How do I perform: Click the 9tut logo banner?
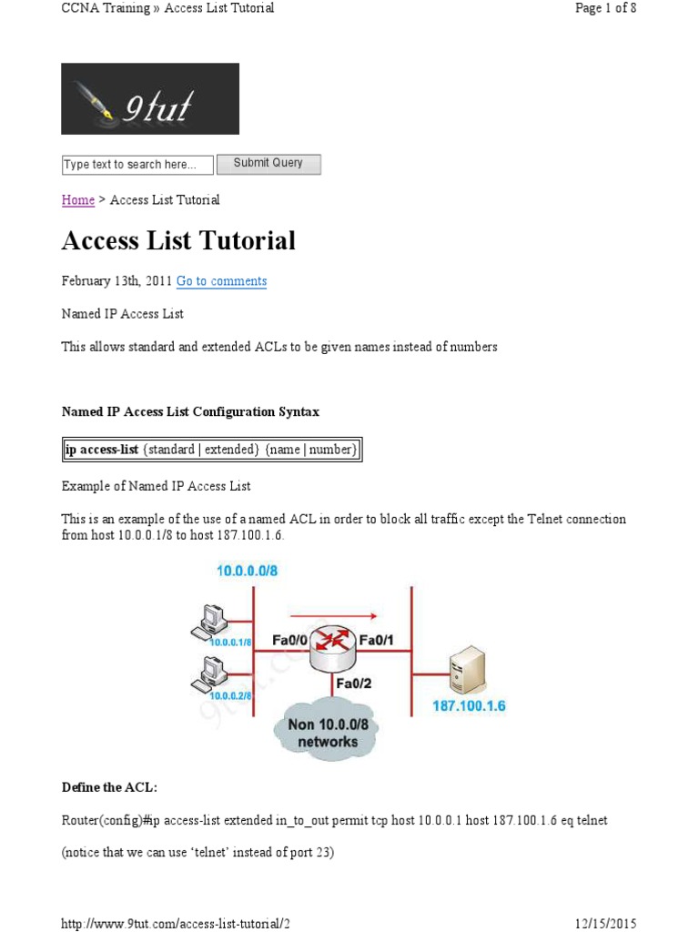click(x=150, y=98)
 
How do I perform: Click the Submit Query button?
click(x=268, y=164)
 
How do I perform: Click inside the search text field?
click(x=137, y=165)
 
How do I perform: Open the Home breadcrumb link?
click(x=77, y=200)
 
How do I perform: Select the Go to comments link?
click(x=221, y=281)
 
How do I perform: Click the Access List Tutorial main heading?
click(x=178, y=240)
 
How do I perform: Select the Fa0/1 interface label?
click(x=378, y=641)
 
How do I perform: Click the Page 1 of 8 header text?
click(x=602, y=8)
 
